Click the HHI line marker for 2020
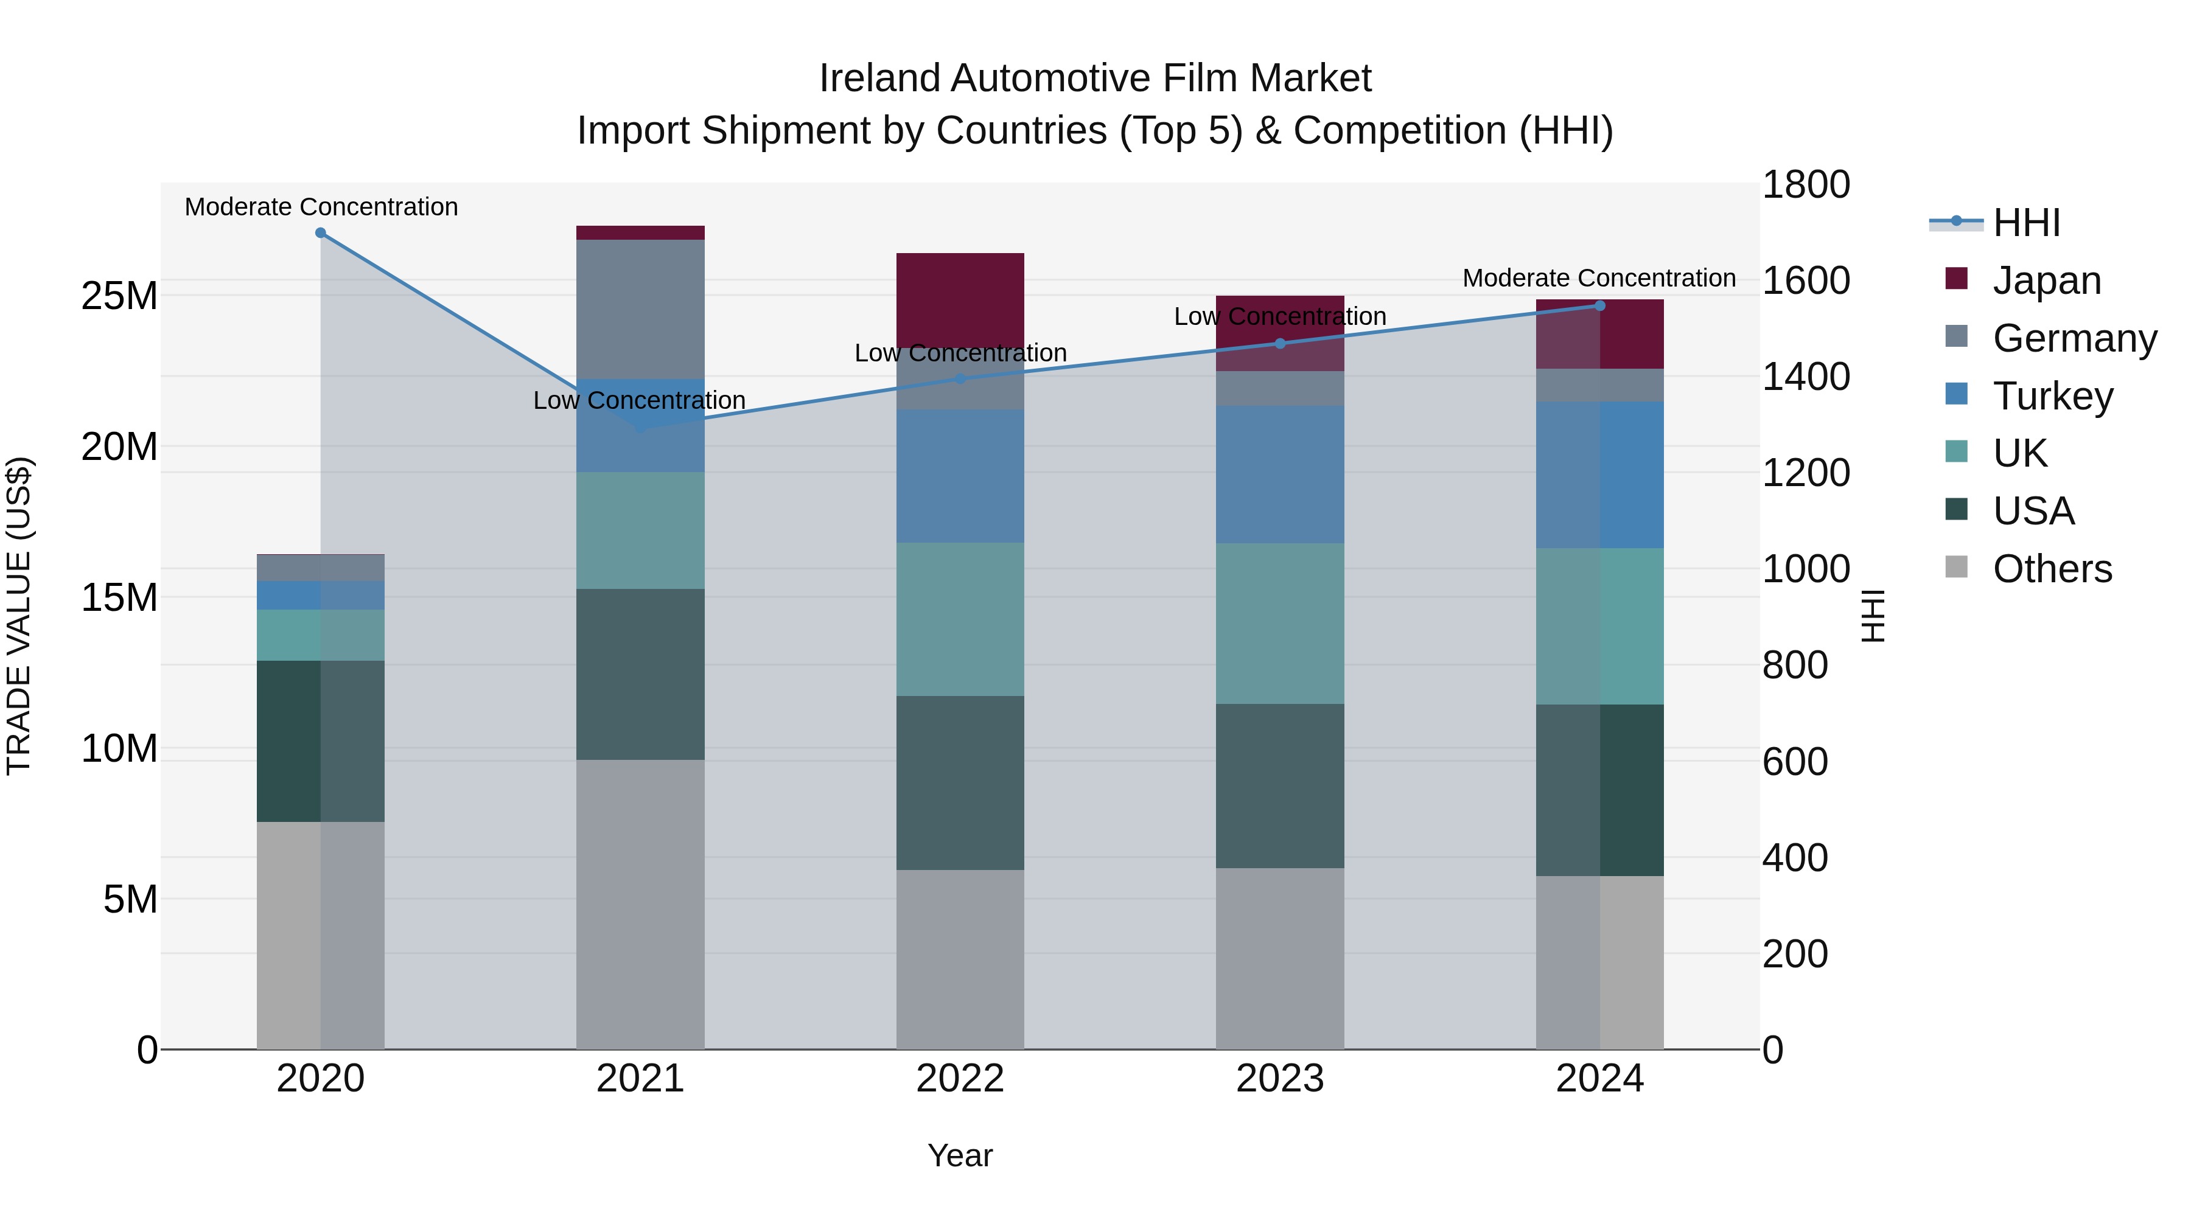point(321,233)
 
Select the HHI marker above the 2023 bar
point(1280,344)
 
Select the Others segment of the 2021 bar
point(640,904)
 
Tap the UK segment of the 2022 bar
point(960,619)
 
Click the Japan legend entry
point(2046,280)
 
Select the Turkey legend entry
point(2052,396)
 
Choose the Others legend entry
point(2052,569)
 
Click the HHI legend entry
point(2026,223)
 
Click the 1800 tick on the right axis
point(1805,184)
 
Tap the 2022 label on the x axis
point(960,1079)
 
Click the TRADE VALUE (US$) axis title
point(19,616)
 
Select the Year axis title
point(960,1155)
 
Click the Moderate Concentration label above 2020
point(321,207)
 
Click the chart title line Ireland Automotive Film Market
point(1095,78)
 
